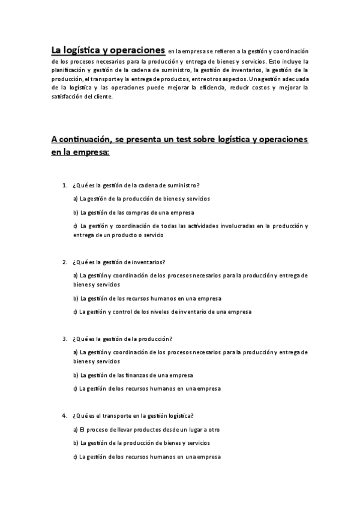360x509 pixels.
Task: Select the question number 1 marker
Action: pos(64,185)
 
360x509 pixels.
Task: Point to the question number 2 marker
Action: pos(64,262)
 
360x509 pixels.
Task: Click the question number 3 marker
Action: pos(64,339)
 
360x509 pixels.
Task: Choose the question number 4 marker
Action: pos(64,415)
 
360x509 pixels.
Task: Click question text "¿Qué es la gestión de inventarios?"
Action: pos(118,262)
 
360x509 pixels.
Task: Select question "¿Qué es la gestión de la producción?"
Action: pos(121,339)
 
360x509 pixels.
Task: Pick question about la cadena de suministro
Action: pos(136,185)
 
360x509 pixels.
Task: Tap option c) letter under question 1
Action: pos(75,226)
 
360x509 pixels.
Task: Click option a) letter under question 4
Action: pos(75,430)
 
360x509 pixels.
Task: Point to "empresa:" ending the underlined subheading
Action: pos(91,152)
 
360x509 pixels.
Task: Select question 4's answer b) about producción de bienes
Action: pos(144,443)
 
